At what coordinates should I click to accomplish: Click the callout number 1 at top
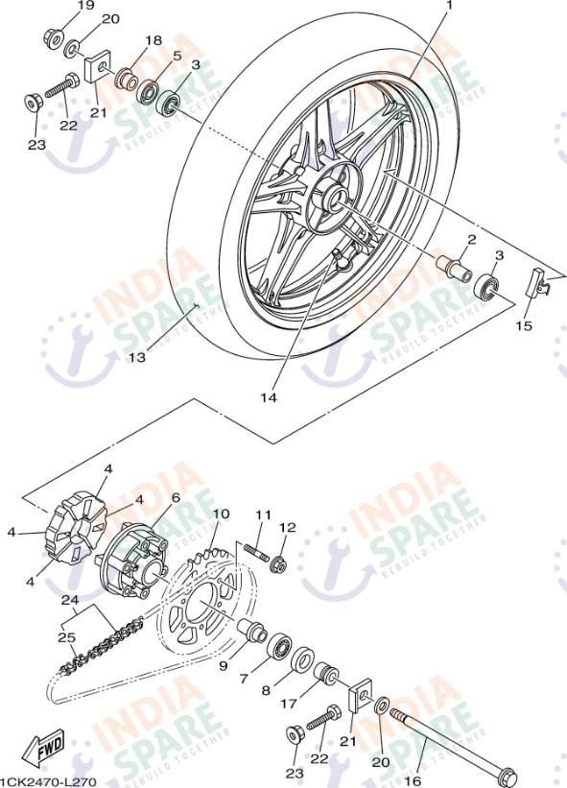coord(447,7)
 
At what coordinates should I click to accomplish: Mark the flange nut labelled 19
coord(52,39)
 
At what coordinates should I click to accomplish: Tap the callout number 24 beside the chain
coord(68,601)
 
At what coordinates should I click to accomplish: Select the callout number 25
coord(68,636)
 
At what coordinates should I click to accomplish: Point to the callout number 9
coord(223,664)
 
